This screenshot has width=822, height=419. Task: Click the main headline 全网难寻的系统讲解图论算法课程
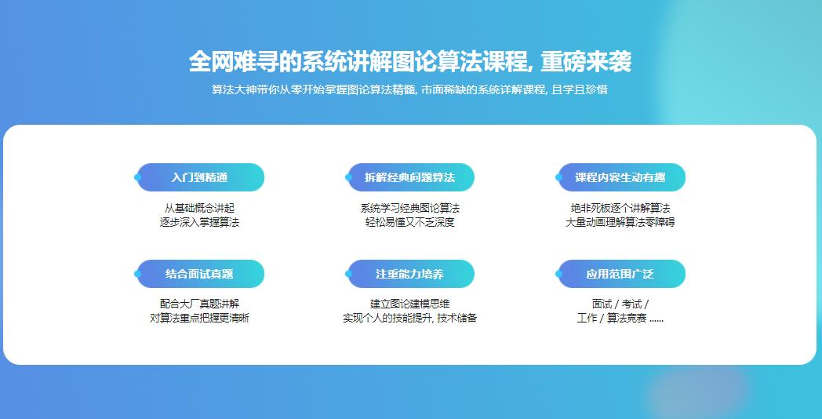click(358, 62)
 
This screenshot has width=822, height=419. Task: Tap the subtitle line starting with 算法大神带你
click(409, 89)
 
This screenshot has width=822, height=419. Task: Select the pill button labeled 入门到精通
click(200, 177)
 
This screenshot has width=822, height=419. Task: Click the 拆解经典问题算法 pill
click(410, 177)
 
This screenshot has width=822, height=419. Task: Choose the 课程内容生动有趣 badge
click(620, 177)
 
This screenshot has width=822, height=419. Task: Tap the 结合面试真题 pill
click(200, 274)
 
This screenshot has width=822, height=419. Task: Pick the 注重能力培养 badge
click(410, 274)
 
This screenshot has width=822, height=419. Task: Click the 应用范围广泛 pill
click(620, 274)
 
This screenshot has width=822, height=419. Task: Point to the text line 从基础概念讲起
click(200, 208)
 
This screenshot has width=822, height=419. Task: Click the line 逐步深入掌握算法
click(200, 222)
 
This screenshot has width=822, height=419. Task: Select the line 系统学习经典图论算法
click(410, 208)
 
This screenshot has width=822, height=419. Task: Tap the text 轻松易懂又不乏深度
click(410, 222)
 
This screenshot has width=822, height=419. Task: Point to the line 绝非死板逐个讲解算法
click(620, 208)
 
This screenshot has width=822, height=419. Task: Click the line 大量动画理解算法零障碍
click(620, 222)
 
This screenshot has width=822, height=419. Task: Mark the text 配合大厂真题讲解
click(200, 304)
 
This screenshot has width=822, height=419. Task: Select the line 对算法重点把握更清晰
click(200, 319)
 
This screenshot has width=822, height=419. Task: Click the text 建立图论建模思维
click(410, 304)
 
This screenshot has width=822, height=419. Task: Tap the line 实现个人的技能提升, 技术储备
click(410, 319)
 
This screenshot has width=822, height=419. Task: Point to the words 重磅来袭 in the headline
click(586, 62)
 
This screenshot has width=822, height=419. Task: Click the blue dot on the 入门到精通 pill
click(138, 177)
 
